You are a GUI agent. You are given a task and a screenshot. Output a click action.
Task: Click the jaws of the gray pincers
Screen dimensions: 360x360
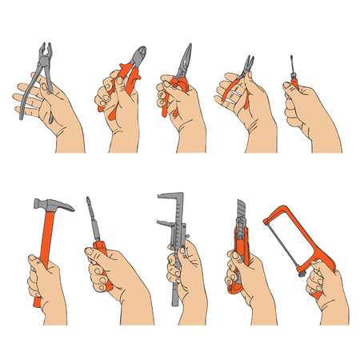[x=39, y=51]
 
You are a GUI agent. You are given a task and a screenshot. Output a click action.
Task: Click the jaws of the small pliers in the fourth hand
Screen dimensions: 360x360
[x=248, y=62]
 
